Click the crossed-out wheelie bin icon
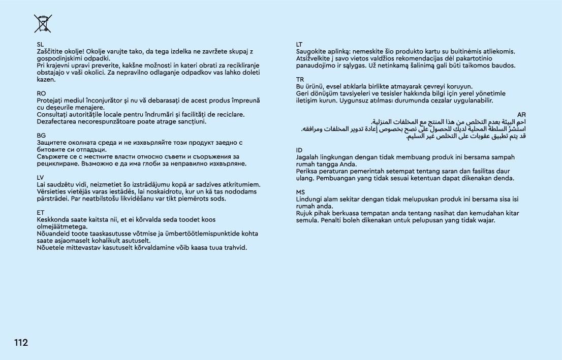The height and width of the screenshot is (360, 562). (x=43, y=23)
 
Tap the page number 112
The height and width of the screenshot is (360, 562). (x=21, y=343)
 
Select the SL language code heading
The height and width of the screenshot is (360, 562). (x=41, y=45)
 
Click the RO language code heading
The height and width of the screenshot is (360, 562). (x=42, y=93)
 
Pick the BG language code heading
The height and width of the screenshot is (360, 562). (x=41, y=136)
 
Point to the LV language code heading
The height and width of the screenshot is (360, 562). (x=41, y=177)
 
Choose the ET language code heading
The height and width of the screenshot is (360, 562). (x=41, y=212)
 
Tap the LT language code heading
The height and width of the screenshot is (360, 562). (x=299, y=45)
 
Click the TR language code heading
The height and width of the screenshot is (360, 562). (x=300, y=80)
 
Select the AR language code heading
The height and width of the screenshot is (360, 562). (x=521, y=115)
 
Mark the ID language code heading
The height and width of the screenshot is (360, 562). (x=299, y=150)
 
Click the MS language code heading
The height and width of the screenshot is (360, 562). (x=300, y=192)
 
